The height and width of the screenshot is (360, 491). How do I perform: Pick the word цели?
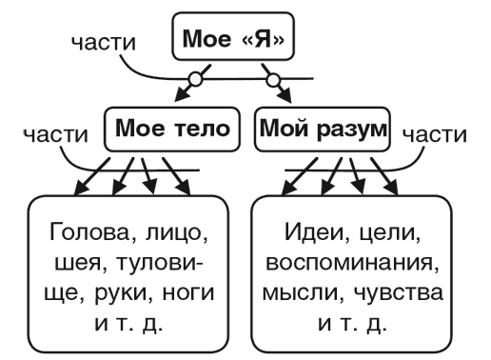pos(385,232)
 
